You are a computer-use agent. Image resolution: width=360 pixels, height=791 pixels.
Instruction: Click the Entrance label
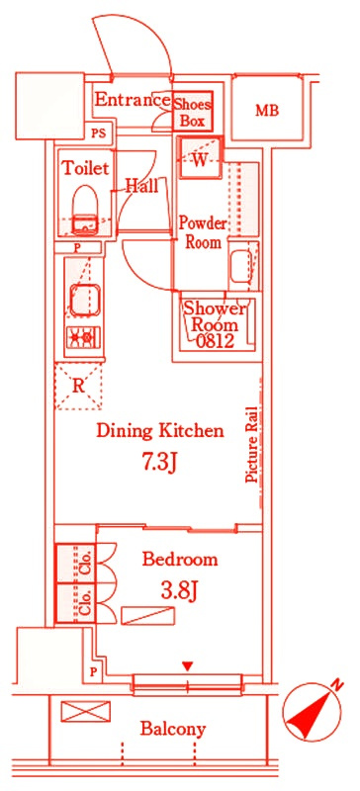tap(133, 100)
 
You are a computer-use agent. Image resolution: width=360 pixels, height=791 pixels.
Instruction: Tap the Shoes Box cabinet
tap(193, 112)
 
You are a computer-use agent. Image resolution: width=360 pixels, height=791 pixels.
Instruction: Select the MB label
tap(267, 111)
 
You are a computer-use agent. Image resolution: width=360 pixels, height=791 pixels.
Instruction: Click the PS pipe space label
tap(99, 133)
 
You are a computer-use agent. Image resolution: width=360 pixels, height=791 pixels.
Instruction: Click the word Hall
tap(141, 186)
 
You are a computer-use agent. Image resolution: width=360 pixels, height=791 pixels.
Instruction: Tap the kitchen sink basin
tap(84, 301)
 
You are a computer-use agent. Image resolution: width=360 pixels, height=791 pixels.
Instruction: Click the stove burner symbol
tap(84, 337)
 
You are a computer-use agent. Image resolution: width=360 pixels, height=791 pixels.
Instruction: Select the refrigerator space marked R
tap(78, 386)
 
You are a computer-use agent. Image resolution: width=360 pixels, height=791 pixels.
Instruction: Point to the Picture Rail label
tap(251, 444)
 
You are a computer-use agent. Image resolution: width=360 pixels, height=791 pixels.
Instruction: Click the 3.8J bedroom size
tap(178, 591)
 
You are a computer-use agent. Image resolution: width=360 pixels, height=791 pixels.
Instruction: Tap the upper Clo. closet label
tap(85, 563)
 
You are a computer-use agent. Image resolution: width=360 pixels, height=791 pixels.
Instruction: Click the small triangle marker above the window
tap(188, 666)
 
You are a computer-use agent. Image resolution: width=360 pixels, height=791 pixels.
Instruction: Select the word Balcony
tap(173, 729)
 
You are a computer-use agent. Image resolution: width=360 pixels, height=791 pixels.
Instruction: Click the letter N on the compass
tap(337, 685)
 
